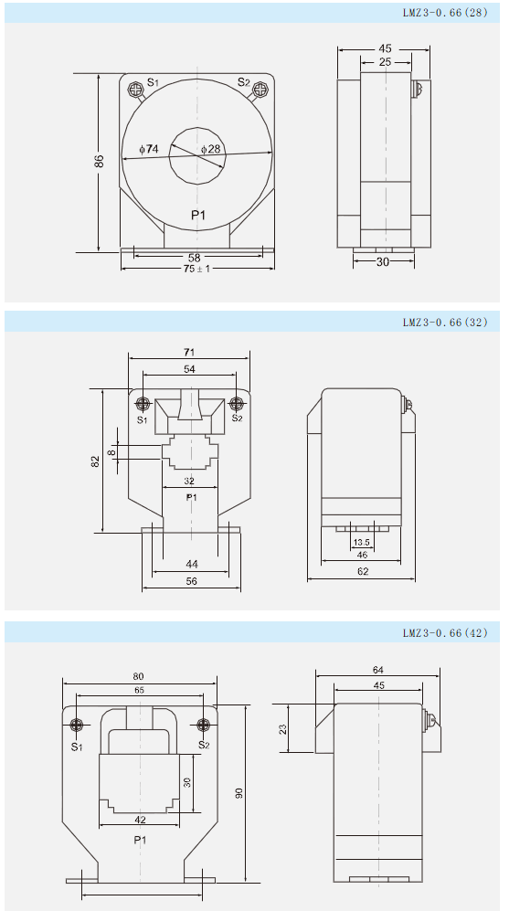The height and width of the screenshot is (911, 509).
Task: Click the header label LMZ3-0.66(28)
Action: pos(445,12)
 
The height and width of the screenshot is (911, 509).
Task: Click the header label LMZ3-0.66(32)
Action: pos(445,322)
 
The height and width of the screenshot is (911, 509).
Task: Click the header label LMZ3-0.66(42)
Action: pos(445,632)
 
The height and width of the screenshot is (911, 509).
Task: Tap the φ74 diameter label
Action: pos(149,149)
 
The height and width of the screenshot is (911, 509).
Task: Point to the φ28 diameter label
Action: pos(211,149)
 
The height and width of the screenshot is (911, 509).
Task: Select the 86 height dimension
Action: pos(100,161)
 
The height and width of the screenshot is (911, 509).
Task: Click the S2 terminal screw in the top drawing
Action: pos(260,90)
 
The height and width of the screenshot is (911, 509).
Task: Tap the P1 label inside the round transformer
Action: pos(198,216)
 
